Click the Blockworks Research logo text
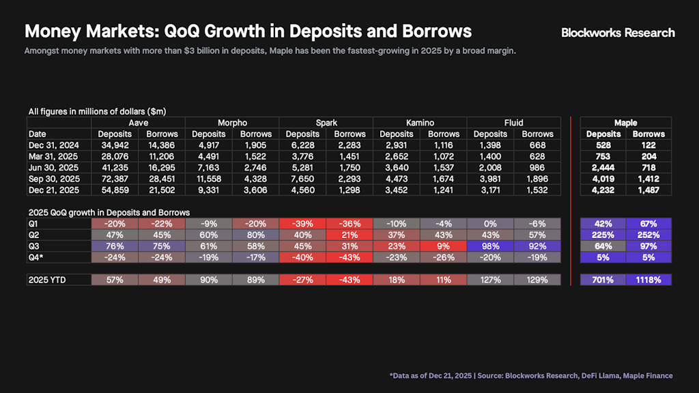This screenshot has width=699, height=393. click(618, 33)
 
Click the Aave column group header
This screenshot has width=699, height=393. click(139, 122)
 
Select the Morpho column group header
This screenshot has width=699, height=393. click(232, 122)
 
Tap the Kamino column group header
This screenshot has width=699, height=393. click(420, 122)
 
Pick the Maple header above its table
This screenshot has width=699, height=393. click(625, 123)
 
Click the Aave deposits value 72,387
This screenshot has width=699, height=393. click(115, 178)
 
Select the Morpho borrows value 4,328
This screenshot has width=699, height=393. click(255, 178)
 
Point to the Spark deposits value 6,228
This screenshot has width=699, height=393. click(302, 146)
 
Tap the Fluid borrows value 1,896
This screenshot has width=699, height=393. click(537, 178)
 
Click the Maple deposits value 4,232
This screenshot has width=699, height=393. click(603, 190)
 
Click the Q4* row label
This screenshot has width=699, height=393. click(37, 257)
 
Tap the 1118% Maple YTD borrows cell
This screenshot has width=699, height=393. click(648, 280)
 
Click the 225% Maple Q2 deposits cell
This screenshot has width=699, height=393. click(603, 235)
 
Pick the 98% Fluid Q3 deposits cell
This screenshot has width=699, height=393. click(490, 246)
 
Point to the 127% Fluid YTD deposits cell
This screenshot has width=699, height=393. click(490, 280)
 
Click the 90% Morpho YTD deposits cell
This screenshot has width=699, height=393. click(209, 280)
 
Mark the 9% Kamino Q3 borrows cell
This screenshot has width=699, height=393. click(443, 246)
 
